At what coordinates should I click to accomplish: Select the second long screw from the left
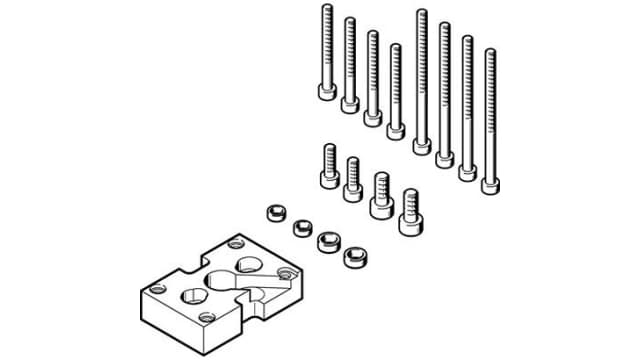349,64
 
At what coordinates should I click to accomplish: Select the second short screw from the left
353,179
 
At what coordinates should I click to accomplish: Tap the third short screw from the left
380,196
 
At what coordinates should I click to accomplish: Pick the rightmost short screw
408,212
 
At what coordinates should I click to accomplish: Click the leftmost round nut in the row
277,214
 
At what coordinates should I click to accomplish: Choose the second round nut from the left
301,228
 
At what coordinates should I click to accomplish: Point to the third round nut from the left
327,242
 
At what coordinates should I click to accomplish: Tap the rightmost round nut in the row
353,256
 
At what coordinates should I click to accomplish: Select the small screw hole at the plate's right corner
288,271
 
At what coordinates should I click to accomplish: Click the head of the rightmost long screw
490,184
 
